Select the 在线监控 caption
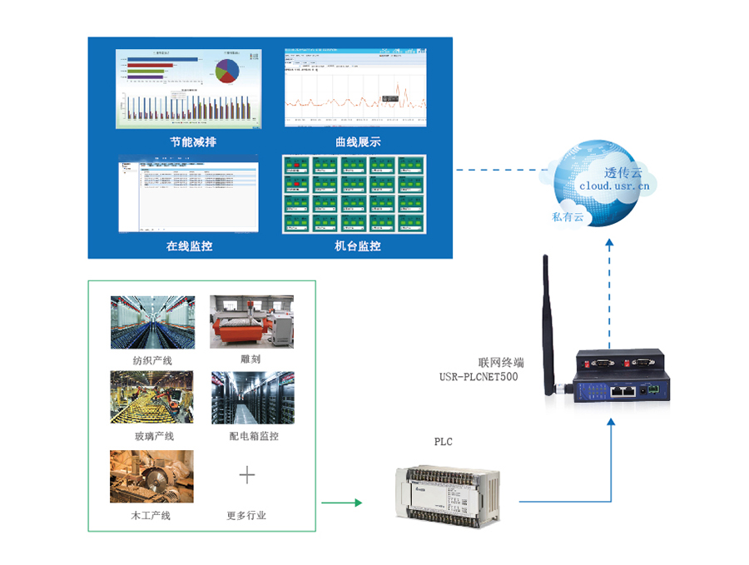188,246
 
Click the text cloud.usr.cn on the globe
614,187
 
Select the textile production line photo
152,322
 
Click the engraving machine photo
251,322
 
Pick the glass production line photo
152,399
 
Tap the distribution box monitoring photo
251,399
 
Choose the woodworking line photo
151,476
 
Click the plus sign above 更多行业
247,475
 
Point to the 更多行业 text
247,515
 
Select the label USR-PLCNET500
479,377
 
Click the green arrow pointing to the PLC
341,503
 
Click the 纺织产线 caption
151,360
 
